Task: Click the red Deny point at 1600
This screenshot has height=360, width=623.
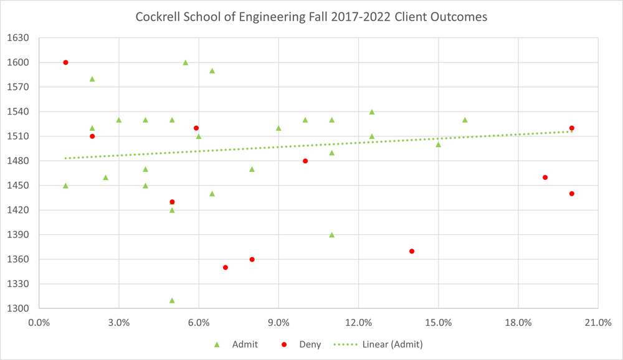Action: [x=65, y=62]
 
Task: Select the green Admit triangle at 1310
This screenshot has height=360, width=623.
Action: [x=172, y=300]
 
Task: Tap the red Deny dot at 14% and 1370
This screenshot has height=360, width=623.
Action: [x=412, y=251]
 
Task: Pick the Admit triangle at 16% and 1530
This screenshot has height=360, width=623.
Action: [x=465, y=120]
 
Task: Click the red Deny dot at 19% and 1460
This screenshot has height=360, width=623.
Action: [x=545, y=178]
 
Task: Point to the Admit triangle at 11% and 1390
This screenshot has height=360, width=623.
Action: [x=332, y=235]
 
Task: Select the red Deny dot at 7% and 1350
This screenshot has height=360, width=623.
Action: [x=226, y=267]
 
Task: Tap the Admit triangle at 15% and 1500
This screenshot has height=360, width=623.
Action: [x=439, y=144]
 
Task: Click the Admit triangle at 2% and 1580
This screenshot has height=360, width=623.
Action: [x=92, y=79]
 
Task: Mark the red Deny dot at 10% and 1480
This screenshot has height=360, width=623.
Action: [x=305, y=161]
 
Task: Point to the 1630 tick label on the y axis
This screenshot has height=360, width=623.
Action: [x=18, y=38]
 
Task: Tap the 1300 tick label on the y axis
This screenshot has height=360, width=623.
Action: [x=18, y=309]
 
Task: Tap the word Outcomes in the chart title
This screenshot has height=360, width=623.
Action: [x=462, y=17]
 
